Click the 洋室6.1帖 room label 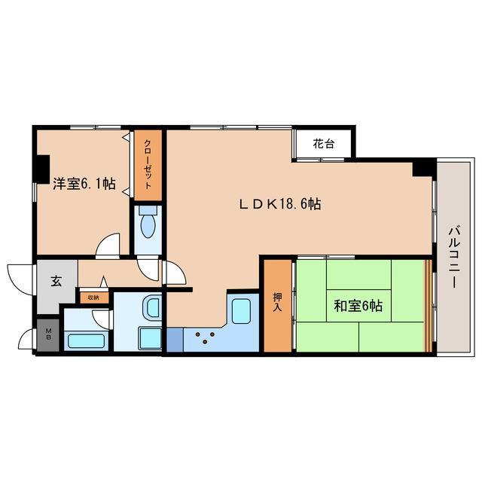click(84, 184)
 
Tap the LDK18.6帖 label click(280, 204)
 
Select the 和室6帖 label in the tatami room click(358, 306)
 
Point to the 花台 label click(323, 144)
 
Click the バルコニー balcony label click(454, 258)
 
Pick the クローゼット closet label click(148, 164)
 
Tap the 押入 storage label click(277, 302)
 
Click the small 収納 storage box click(93, 297)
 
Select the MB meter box click(48, 334)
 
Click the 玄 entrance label click(56, 281)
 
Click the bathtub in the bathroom click(86, 341)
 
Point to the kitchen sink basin click(241, 311)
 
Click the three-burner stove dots click(205, 337)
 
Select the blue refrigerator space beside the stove click(175, 340)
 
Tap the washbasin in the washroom click(152, 307)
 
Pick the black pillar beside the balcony click(424, 167)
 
